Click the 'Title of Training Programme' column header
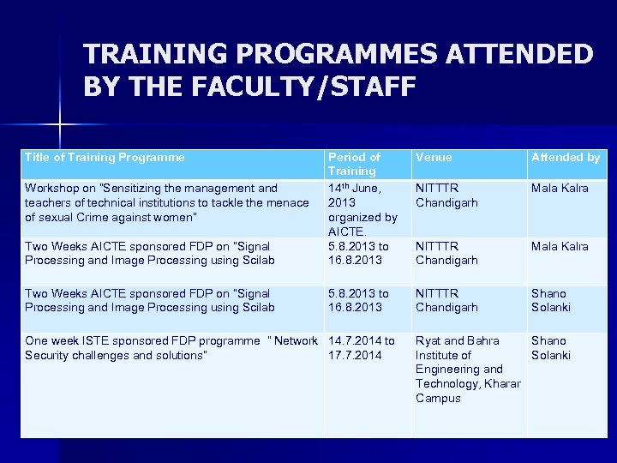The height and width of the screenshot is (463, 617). click(105, 157)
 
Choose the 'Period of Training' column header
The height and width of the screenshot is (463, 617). click(354, 164)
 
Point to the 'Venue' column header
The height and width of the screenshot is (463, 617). click(434, 157)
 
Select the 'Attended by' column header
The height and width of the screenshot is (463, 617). click(566, 157)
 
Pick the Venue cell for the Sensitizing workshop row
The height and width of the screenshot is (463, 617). click(446, 195)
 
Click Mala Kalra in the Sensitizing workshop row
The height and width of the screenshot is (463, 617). click(560, 188)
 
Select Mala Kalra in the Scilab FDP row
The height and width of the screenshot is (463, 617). click(560, 246)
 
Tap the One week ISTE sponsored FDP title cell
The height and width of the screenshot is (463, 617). click(171, 347)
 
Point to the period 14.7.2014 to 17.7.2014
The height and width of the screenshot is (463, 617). click(362, 347)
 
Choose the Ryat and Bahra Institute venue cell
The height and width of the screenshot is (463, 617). click(467, 369)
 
